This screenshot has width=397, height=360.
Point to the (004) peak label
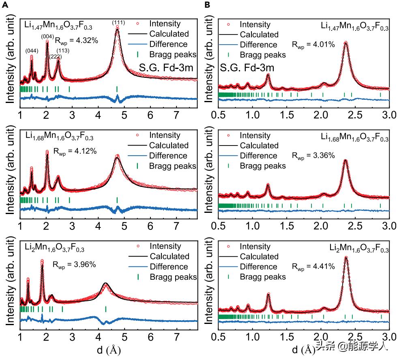pyautogui.click(x=47, y=37)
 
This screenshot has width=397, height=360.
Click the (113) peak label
pyautogui.click(x=63, y=51)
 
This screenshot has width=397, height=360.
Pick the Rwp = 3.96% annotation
pyautogui.click(x=74, y=264)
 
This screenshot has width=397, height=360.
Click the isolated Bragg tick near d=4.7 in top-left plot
pyautogui.click(x=117, y=89)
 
